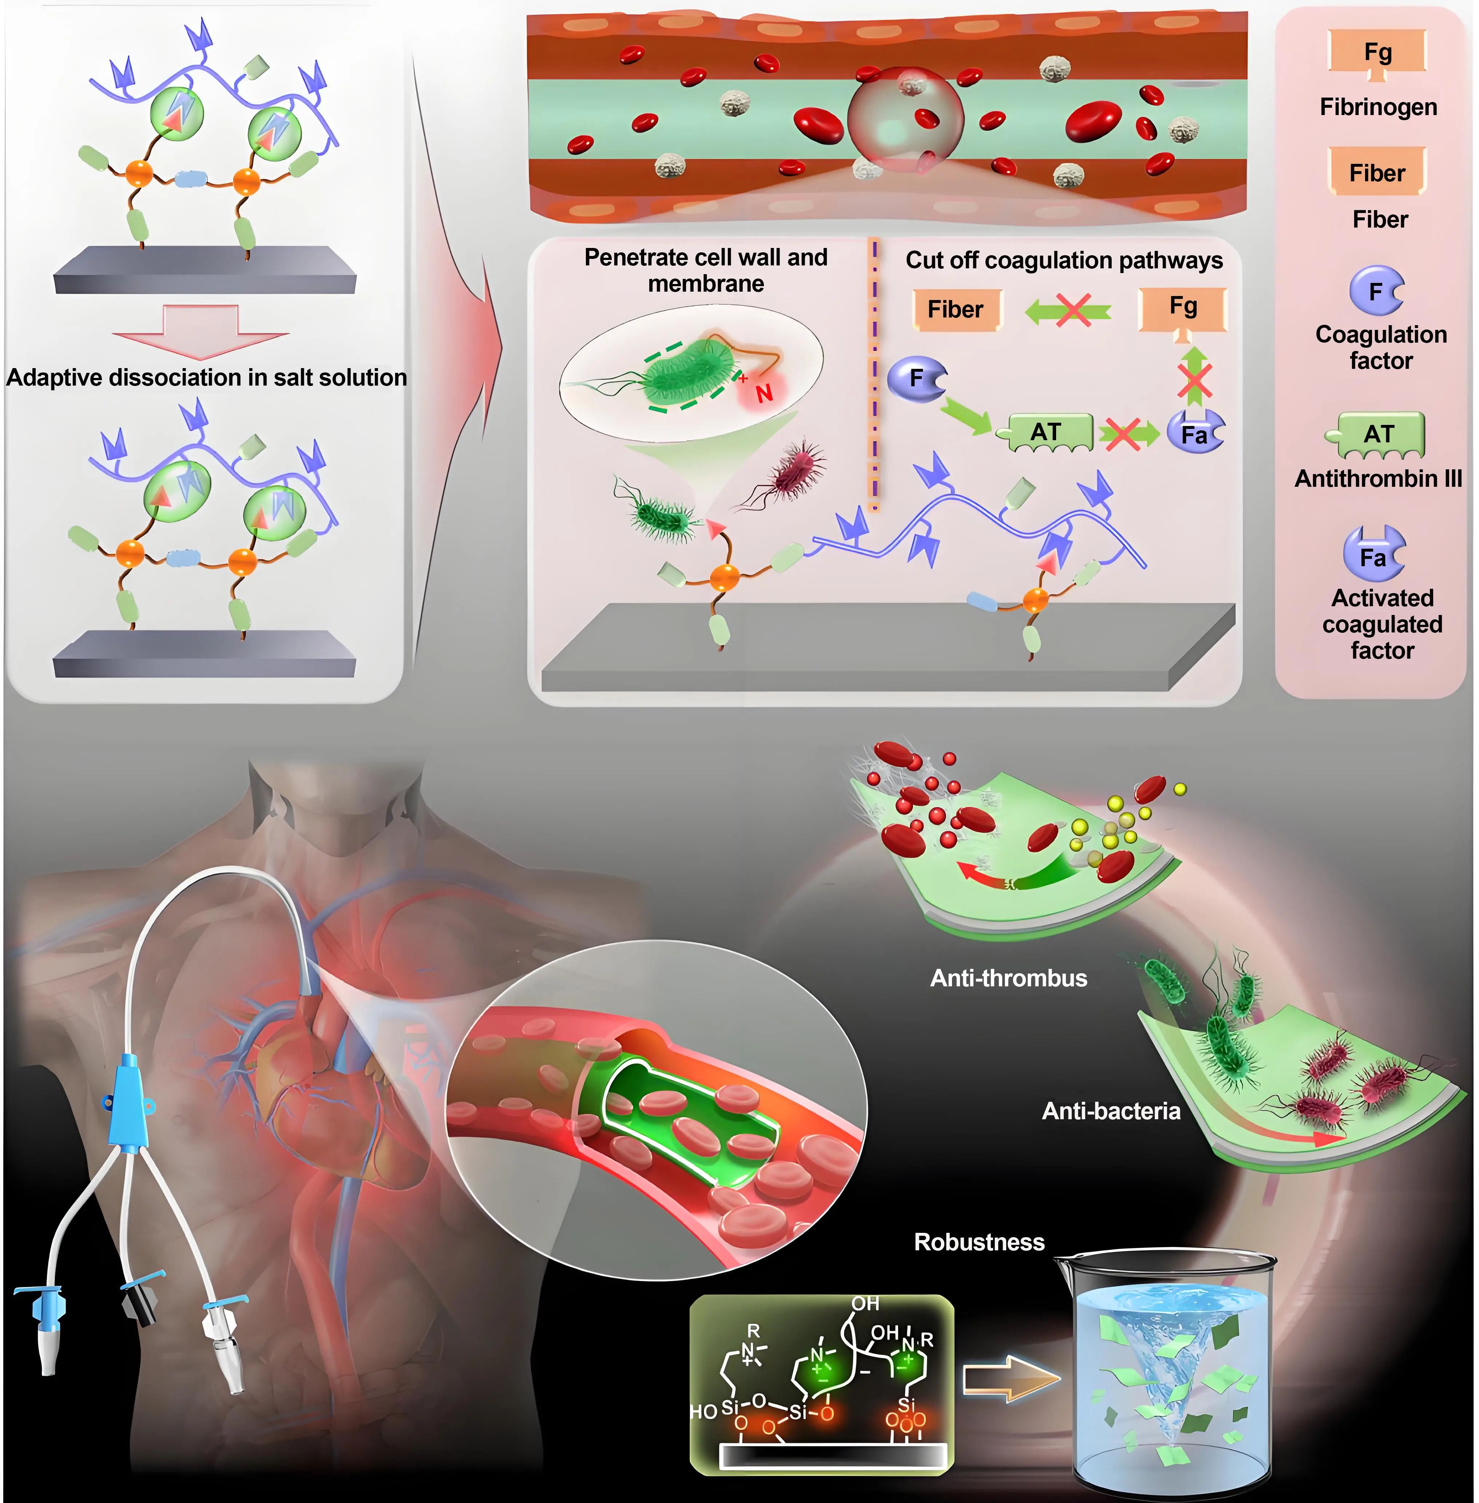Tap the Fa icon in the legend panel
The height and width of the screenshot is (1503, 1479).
coord(1373,555)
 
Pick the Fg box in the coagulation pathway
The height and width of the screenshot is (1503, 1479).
coord(1182,308)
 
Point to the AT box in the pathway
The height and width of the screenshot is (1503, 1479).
coord(1046,433)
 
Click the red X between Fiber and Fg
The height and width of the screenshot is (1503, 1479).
coord(1072,311)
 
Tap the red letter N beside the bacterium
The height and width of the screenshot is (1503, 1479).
coord(764,393)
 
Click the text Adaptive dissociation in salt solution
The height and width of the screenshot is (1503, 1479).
coord(207,378)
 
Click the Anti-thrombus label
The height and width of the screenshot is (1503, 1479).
coord(1008,978)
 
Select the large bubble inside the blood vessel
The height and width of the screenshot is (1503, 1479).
coord(905,121)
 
